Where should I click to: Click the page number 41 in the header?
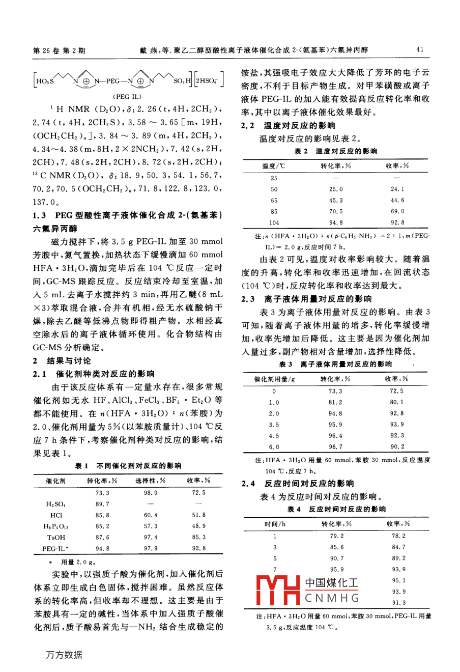click(420, 49)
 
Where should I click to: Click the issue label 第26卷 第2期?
click(59, 50)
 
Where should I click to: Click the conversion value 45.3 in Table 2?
click(336, 200)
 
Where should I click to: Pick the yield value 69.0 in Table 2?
click(397, 211)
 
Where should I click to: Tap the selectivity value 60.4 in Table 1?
click(151, 515)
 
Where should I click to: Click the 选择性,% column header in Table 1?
click(151, 481)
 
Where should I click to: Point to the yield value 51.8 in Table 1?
click(198, 515)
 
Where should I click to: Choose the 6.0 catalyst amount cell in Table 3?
click(274, 446)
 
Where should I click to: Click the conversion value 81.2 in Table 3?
click(335, 402)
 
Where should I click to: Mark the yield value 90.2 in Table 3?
click(397, 446)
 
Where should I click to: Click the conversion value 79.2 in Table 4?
click(337, 536)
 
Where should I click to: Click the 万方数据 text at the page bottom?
click(64, 655)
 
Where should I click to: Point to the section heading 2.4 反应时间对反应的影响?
click(298, 484)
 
